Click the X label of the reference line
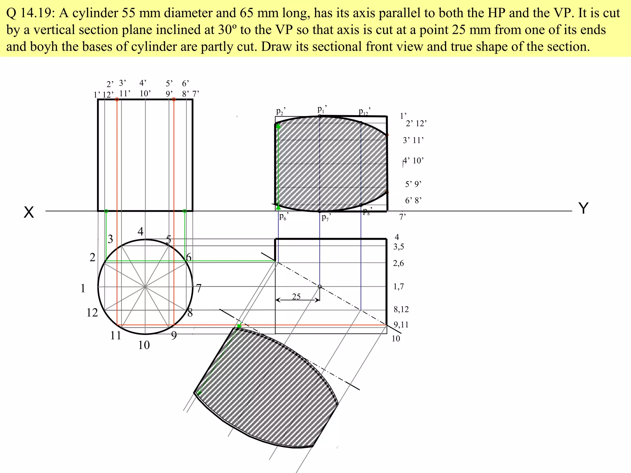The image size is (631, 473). pyautogui.click(x=29, y=212)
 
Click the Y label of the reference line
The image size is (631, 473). pyautogui.click(x=584, y=208)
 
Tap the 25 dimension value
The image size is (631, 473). pyautogui.click(x=296, y=297)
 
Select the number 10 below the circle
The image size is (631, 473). pyautogui.click(x=144, y=345)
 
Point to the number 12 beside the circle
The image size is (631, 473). pyautogui.click(x=92, y=313)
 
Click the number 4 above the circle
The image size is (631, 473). pyautogui.click(x=140, y=232)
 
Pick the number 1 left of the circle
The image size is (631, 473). pyautogui.click(x=83, y=288)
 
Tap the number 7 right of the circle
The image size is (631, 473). pyautogui.click(x=199, y=289)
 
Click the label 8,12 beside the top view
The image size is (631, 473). pyautogui.click(x=401, y=309)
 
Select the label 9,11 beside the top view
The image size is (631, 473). pyautogui.click(x=401, y=325)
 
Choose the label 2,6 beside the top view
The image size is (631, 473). pyautogui.click(x=398, y=263)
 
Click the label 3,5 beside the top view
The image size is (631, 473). pyautogui.click(x=399, y=247)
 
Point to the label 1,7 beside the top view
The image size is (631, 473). pyautogui.click(x=398, y=287)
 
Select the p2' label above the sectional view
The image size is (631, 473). pyautogui.click(x=281, y=111)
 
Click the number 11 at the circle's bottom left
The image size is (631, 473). pyautogui.click(x=116, y=335)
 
